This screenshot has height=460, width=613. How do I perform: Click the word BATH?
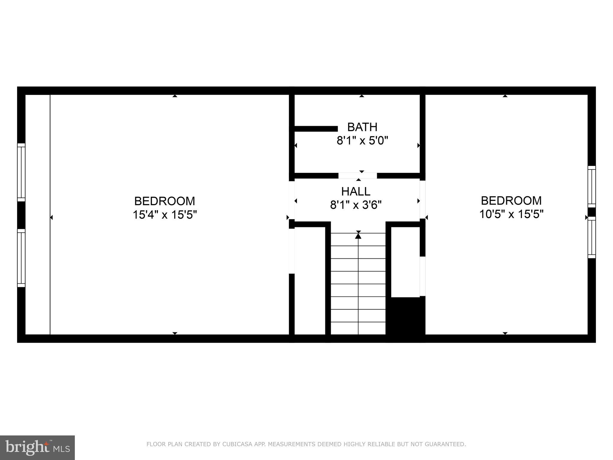point(362,127)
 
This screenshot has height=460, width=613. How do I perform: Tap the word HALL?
point(356,191)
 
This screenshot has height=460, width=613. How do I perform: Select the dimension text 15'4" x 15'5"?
point(165,215)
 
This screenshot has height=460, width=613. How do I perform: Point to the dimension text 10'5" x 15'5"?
point(511,214)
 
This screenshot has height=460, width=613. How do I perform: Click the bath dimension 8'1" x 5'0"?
point(362,140)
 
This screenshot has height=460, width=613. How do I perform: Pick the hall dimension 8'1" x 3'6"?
point(356,205)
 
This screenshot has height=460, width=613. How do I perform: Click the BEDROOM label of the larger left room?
point(165,201)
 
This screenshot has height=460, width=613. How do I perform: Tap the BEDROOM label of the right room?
point(511,200)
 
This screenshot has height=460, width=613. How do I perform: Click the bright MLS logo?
point(37,448)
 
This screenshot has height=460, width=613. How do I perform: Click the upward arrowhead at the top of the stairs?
point(358,236)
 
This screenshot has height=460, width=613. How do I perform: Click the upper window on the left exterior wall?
point(21,172)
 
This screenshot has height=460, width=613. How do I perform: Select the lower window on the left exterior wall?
point(21,258)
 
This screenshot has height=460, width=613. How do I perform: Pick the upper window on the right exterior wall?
point(592,186)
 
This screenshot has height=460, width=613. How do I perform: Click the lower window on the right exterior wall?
point(592,237)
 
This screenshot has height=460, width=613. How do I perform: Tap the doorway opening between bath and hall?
point(358,176)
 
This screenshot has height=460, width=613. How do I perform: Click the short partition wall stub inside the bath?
point(316,129)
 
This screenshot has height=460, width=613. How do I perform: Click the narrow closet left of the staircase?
point(310,280)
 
